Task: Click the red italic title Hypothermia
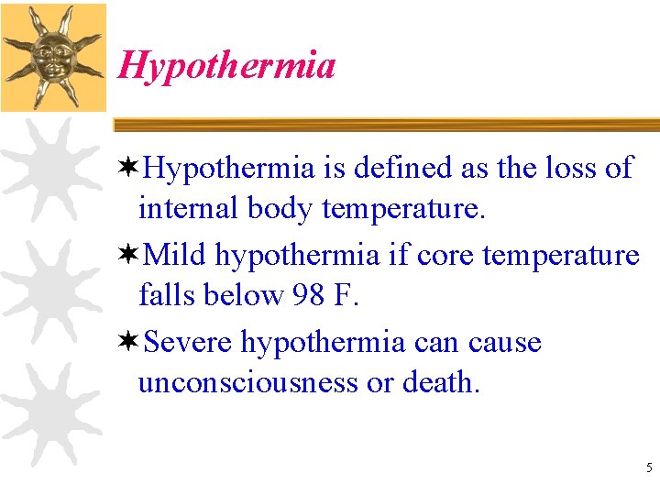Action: click(226, 65)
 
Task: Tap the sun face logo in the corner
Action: click(53, 56)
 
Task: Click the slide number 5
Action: click(649, 468)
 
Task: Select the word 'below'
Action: click(241, 296)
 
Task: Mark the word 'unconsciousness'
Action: click(248, 383)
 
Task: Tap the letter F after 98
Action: click(348, 296)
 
